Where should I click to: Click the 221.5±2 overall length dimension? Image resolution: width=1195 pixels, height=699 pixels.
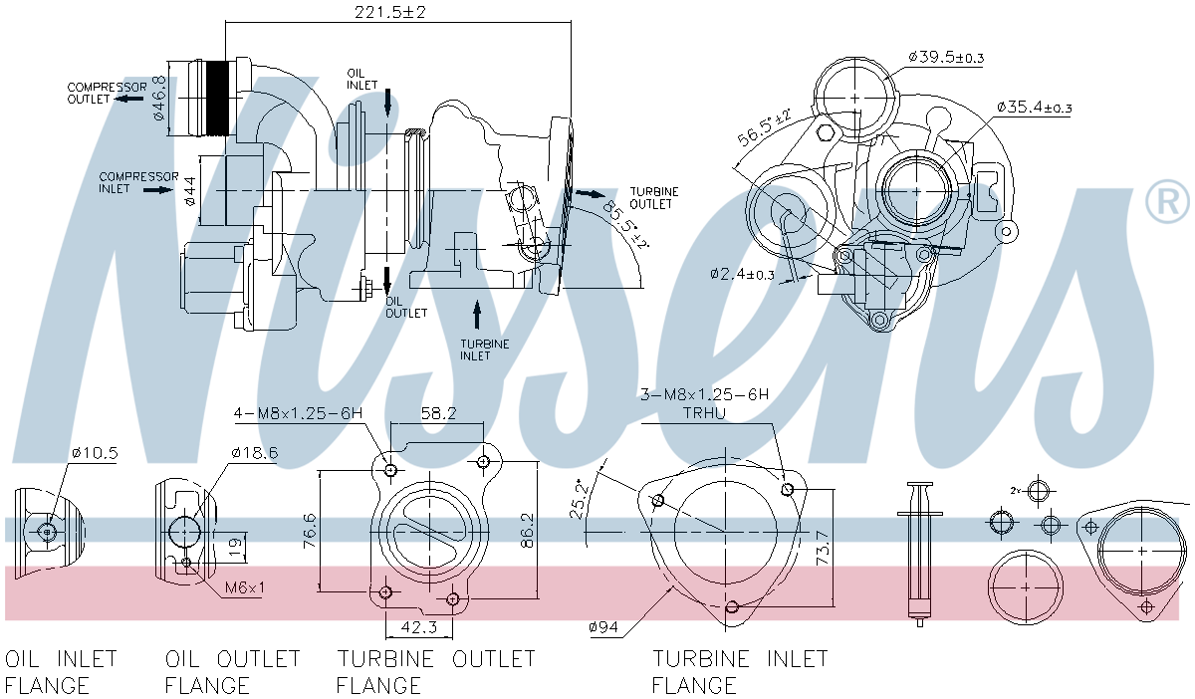tap(396, 12)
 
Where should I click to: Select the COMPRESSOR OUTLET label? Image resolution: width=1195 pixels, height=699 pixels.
tap(107, 93)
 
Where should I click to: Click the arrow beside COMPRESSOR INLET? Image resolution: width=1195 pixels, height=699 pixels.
tap(158, 188)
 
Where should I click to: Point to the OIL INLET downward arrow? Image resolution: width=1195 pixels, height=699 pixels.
tap(386, 101)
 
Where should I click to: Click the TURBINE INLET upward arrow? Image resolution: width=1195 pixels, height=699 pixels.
tap(477, 315)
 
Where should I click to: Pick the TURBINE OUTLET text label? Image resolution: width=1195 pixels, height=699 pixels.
tap(654, 197)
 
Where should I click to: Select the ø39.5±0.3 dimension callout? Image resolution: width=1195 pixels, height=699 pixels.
tap(945, 57)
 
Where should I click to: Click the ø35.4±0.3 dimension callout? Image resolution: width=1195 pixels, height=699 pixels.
tap(1033, 108)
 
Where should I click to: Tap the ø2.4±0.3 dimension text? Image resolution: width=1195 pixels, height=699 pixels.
tap(742, 274)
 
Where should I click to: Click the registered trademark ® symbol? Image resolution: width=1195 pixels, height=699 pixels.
tap(1166, 202)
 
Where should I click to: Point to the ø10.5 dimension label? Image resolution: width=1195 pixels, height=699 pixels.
tap(95, 454)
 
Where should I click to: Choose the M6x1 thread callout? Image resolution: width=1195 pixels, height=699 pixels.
tap(244, 587)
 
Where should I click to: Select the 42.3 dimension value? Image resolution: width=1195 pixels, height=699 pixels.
tap(418, 627)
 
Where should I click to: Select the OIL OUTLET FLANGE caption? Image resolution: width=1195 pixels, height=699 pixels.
tap(232, 671)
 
